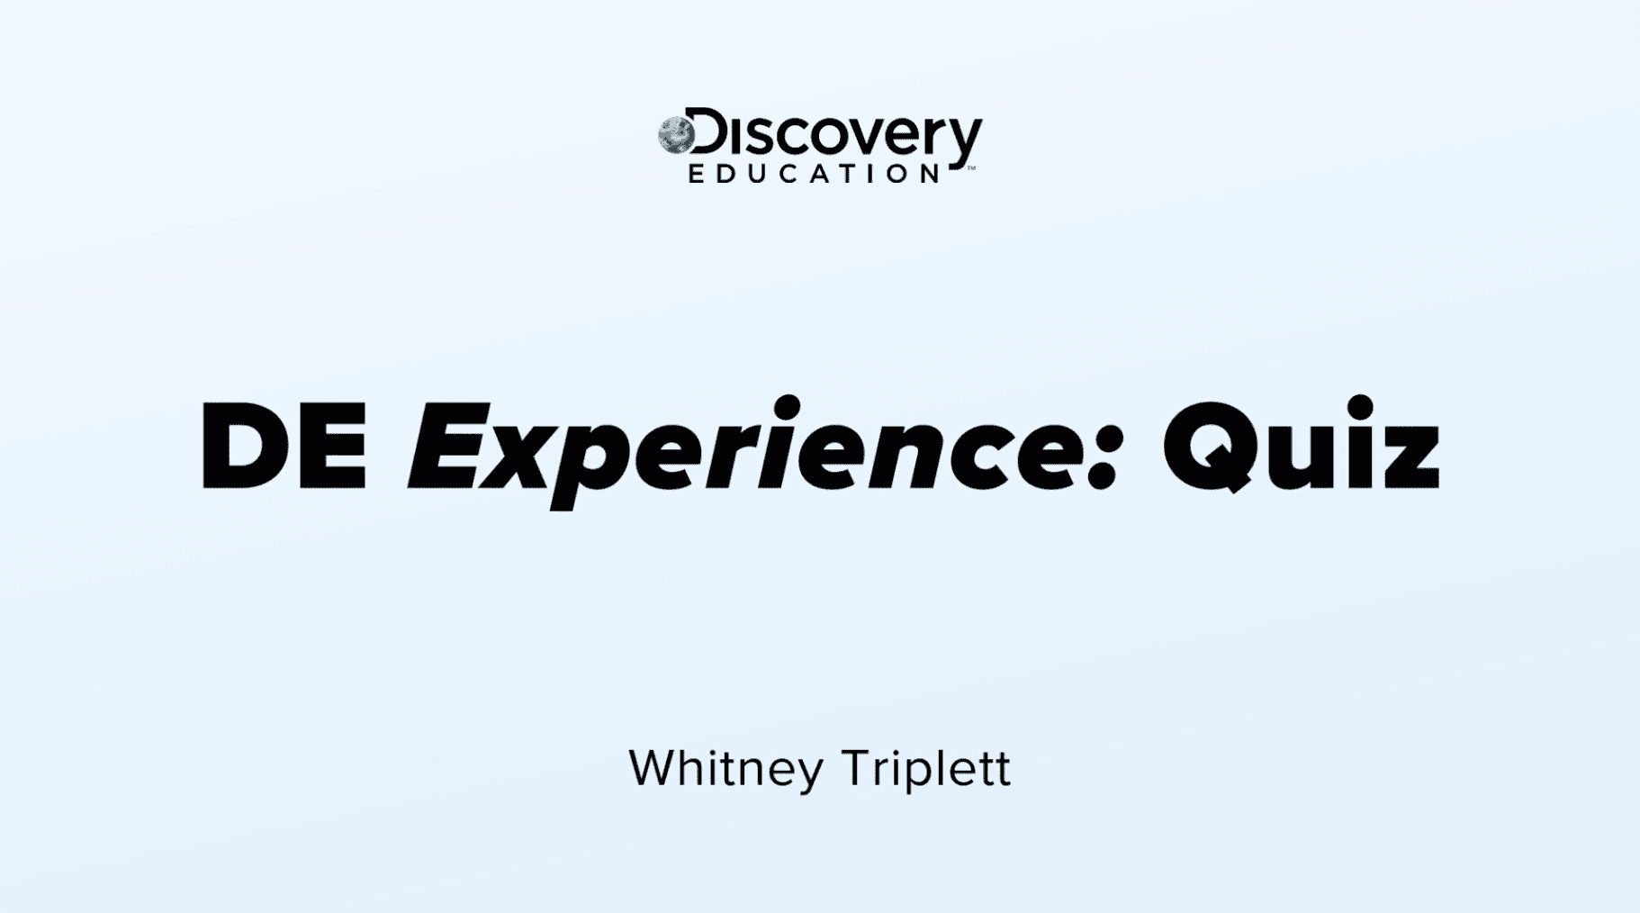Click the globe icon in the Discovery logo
pyautogui.click(x=675, y=135)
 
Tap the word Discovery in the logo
pyautogui.click(x=832, y=136)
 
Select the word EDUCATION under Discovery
pyautogui.click(x=815, y=173)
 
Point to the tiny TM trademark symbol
pyautogui.click(x=971, y=167)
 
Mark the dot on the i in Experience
pyautogui.click(x=788, y=407)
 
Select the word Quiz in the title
pyautogui.click(x=1301, y=445)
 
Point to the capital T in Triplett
pyautogui.click(x=859, y=768)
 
